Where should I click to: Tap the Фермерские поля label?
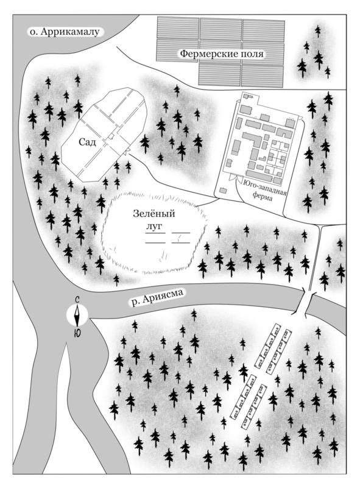[x=222, y=54]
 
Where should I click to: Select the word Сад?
[x=87, y=143]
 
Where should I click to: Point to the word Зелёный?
[x=154, y=214]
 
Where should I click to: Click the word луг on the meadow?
[x=154, y=227]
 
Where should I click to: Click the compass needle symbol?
[x=77, y=314]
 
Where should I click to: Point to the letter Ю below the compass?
[x=77, y=333]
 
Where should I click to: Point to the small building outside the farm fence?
[x=223, y=191]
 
